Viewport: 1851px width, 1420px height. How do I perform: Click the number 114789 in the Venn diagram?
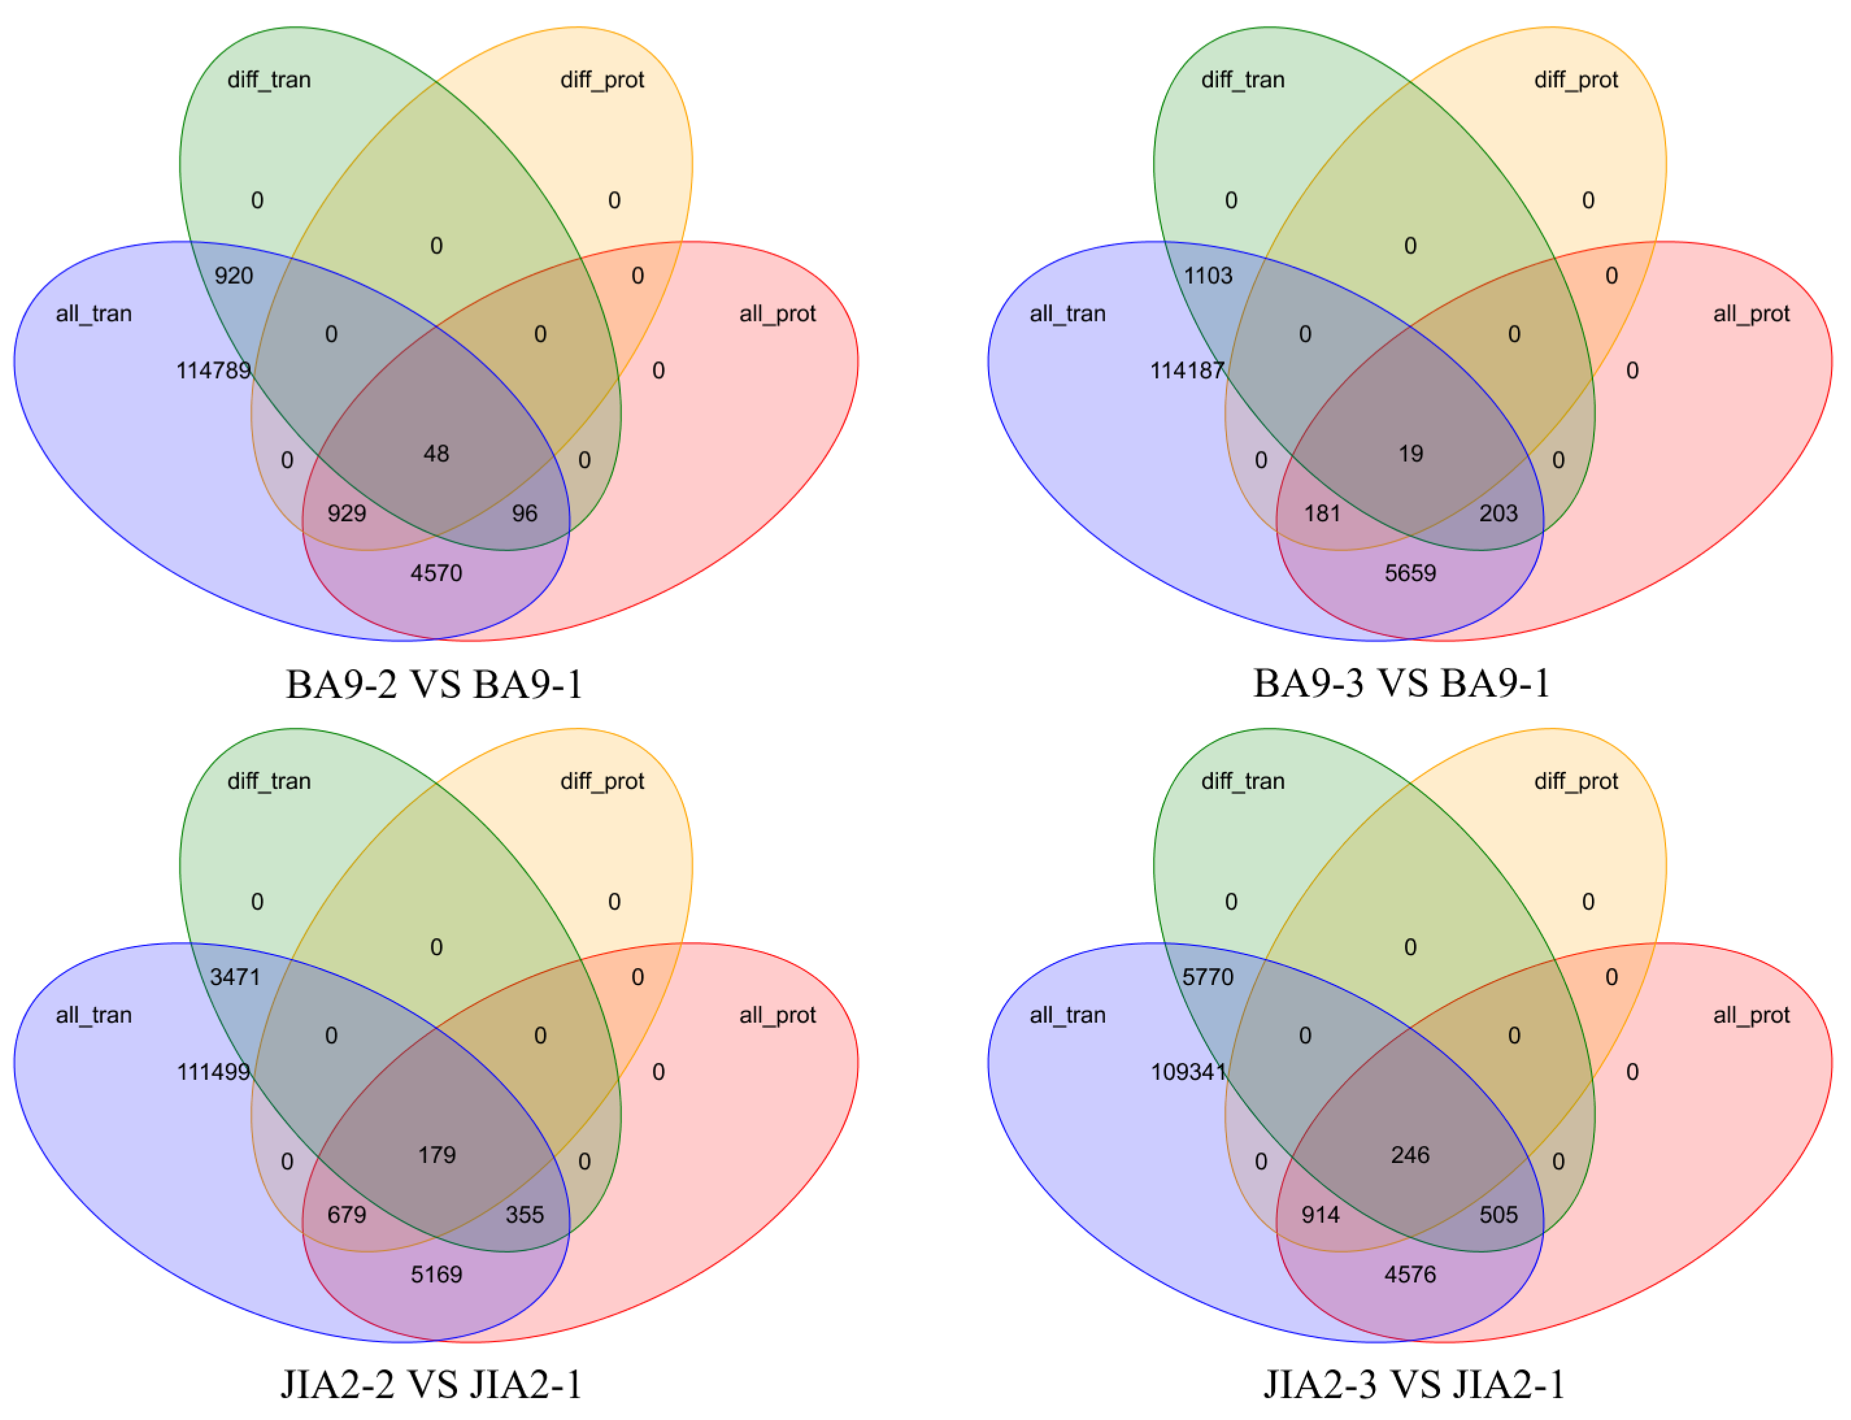[x=214, y=370]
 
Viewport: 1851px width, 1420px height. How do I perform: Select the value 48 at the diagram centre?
[x=436, y=454]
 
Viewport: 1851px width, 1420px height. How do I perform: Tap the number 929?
[x=347, y=513]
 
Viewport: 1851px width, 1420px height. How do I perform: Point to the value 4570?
[x=436, y=573]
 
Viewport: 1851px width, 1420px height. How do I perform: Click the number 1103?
[x=1208, y=275]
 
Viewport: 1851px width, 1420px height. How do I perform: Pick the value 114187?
[x=1187, y=370]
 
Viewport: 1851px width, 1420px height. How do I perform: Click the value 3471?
[x=235, y=977]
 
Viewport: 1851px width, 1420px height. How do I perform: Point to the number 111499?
[x=214, y=1072]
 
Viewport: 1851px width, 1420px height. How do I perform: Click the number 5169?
[x=436, y=1274]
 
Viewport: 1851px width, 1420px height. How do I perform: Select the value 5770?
[x=1208, y=977]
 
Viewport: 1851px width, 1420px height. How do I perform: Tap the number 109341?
[x=1187, y=1072]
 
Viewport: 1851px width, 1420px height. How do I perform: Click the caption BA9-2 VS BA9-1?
[x=434, y=684]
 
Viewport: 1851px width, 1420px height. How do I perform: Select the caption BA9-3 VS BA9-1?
[x=1401, y=683]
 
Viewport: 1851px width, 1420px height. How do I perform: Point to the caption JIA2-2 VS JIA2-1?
[x=432, y=1384]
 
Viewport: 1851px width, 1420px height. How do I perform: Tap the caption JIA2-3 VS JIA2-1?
[x=1413, y=1384]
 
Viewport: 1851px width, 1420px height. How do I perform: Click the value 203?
[x=1498, y=513]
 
